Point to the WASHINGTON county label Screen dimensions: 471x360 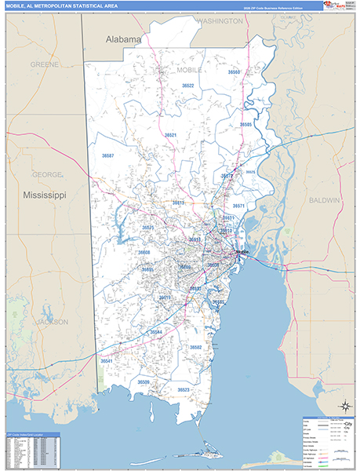[220, 21]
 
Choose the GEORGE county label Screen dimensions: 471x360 [45, 173]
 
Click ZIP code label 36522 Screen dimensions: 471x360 [187, 86]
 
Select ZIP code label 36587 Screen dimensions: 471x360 [107, 156]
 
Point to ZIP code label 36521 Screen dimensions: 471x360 [170, 135]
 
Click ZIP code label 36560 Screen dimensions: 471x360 [234, 72]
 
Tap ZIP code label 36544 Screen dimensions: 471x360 [156, 332]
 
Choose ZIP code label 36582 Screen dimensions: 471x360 [195, 347]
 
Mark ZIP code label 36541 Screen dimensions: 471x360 [107, 361]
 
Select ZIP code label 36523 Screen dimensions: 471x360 [183, 389]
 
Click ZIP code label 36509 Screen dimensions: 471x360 [144, 382]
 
